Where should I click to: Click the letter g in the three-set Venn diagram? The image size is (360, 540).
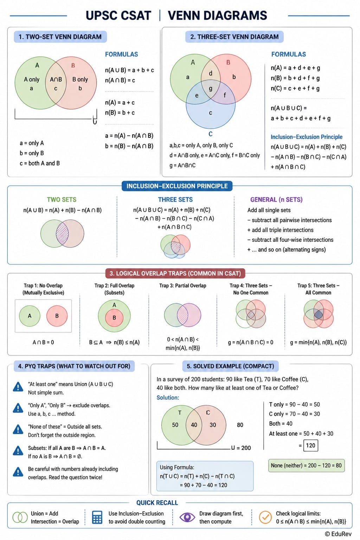click(211, 89)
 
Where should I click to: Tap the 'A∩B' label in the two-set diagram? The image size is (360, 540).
click(56, 79)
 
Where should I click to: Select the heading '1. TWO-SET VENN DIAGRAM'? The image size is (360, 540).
click(60, 37)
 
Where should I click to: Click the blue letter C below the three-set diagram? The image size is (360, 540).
click(211, 134)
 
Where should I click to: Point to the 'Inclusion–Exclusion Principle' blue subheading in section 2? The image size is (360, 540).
click(307, 137)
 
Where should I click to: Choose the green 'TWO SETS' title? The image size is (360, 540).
click(62, 200)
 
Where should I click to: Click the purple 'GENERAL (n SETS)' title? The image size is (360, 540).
click(276, 200)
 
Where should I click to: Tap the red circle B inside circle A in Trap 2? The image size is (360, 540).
click(114, 318)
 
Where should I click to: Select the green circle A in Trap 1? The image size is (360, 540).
click(30, 316)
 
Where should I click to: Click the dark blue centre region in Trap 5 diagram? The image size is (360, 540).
click(319, 314)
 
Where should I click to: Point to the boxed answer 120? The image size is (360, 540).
click(310, 445)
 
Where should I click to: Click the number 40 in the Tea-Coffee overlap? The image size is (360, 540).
click(194, 425)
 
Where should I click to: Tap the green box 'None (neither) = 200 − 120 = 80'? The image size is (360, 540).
click(307, 465)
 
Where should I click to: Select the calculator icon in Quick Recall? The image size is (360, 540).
click(97, 517)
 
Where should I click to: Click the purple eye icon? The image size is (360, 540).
click(187, 517)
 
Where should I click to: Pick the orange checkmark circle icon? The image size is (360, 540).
click(265, 517)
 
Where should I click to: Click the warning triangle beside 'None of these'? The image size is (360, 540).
click(18, 430)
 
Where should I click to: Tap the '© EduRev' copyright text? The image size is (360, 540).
click(338, 534)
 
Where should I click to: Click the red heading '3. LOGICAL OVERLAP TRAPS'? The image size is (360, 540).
click(175, 274)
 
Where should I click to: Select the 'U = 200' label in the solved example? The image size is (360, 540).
click(241, 448)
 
